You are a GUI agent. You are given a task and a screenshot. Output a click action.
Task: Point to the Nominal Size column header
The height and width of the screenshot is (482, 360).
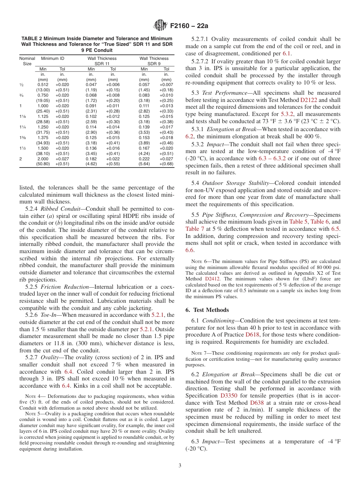point(27,61)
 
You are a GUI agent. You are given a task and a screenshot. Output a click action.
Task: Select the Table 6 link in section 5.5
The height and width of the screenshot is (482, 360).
point(320,222)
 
